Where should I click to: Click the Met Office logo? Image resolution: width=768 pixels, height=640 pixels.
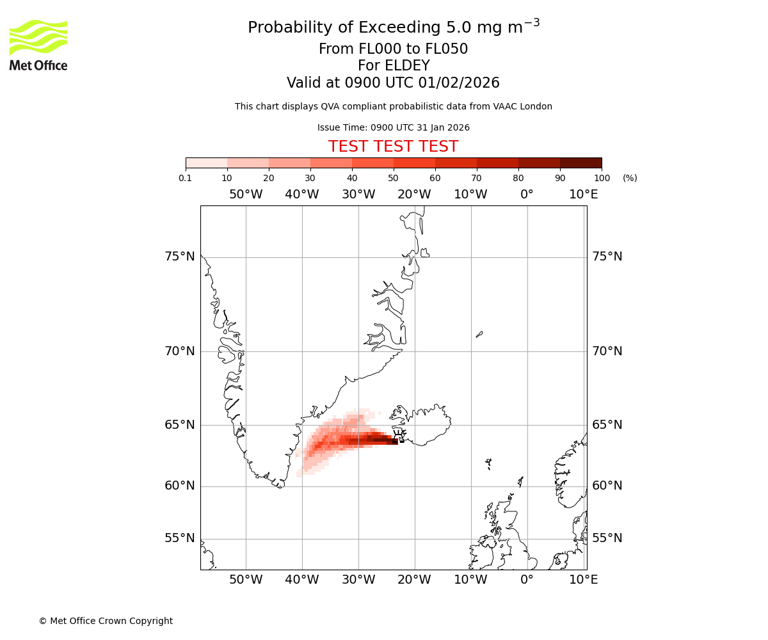(38, 45)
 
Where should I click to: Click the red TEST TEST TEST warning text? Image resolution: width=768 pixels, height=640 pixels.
(393, 147)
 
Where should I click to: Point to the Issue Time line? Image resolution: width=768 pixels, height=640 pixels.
(393, 128)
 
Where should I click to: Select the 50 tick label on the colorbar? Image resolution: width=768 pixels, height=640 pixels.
(393, 178)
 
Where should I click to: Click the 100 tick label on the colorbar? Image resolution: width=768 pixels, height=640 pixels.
(601, 178)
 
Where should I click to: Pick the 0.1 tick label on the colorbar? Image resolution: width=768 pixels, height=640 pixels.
(186, 178)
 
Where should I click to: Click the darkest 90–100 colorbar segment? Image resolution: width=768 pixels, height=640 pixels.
(580, 163)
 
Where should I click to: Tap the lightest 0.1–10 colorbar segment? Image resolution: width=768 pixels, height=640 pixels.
(206, 163)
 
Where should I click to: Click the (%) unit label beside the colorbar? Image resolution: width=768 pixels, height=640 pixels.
(630, 178)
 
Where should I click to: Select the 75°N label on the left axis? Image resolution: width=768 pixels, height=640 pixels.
(179, 257)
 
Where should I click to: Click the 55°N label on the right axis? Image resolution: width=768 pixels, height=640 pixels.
(607, 538)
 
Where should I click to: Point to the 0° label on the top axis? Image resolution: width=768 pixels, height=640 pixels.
(527, 195)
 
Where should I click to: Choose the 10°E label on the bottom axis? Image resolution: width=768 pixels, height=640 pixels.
(583, 580)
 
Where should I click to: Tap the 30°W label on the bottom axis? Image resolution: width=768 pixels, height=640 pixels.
(358, 580)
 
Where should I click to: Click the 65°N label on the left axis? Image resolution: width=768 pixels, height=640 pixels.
(179, 425)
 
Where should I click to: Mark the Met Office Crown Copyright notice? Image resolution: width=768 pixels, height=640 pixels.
(106, 621)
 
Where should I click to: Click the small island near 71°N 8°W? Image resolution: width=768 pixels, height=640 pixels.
(479, 334)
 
